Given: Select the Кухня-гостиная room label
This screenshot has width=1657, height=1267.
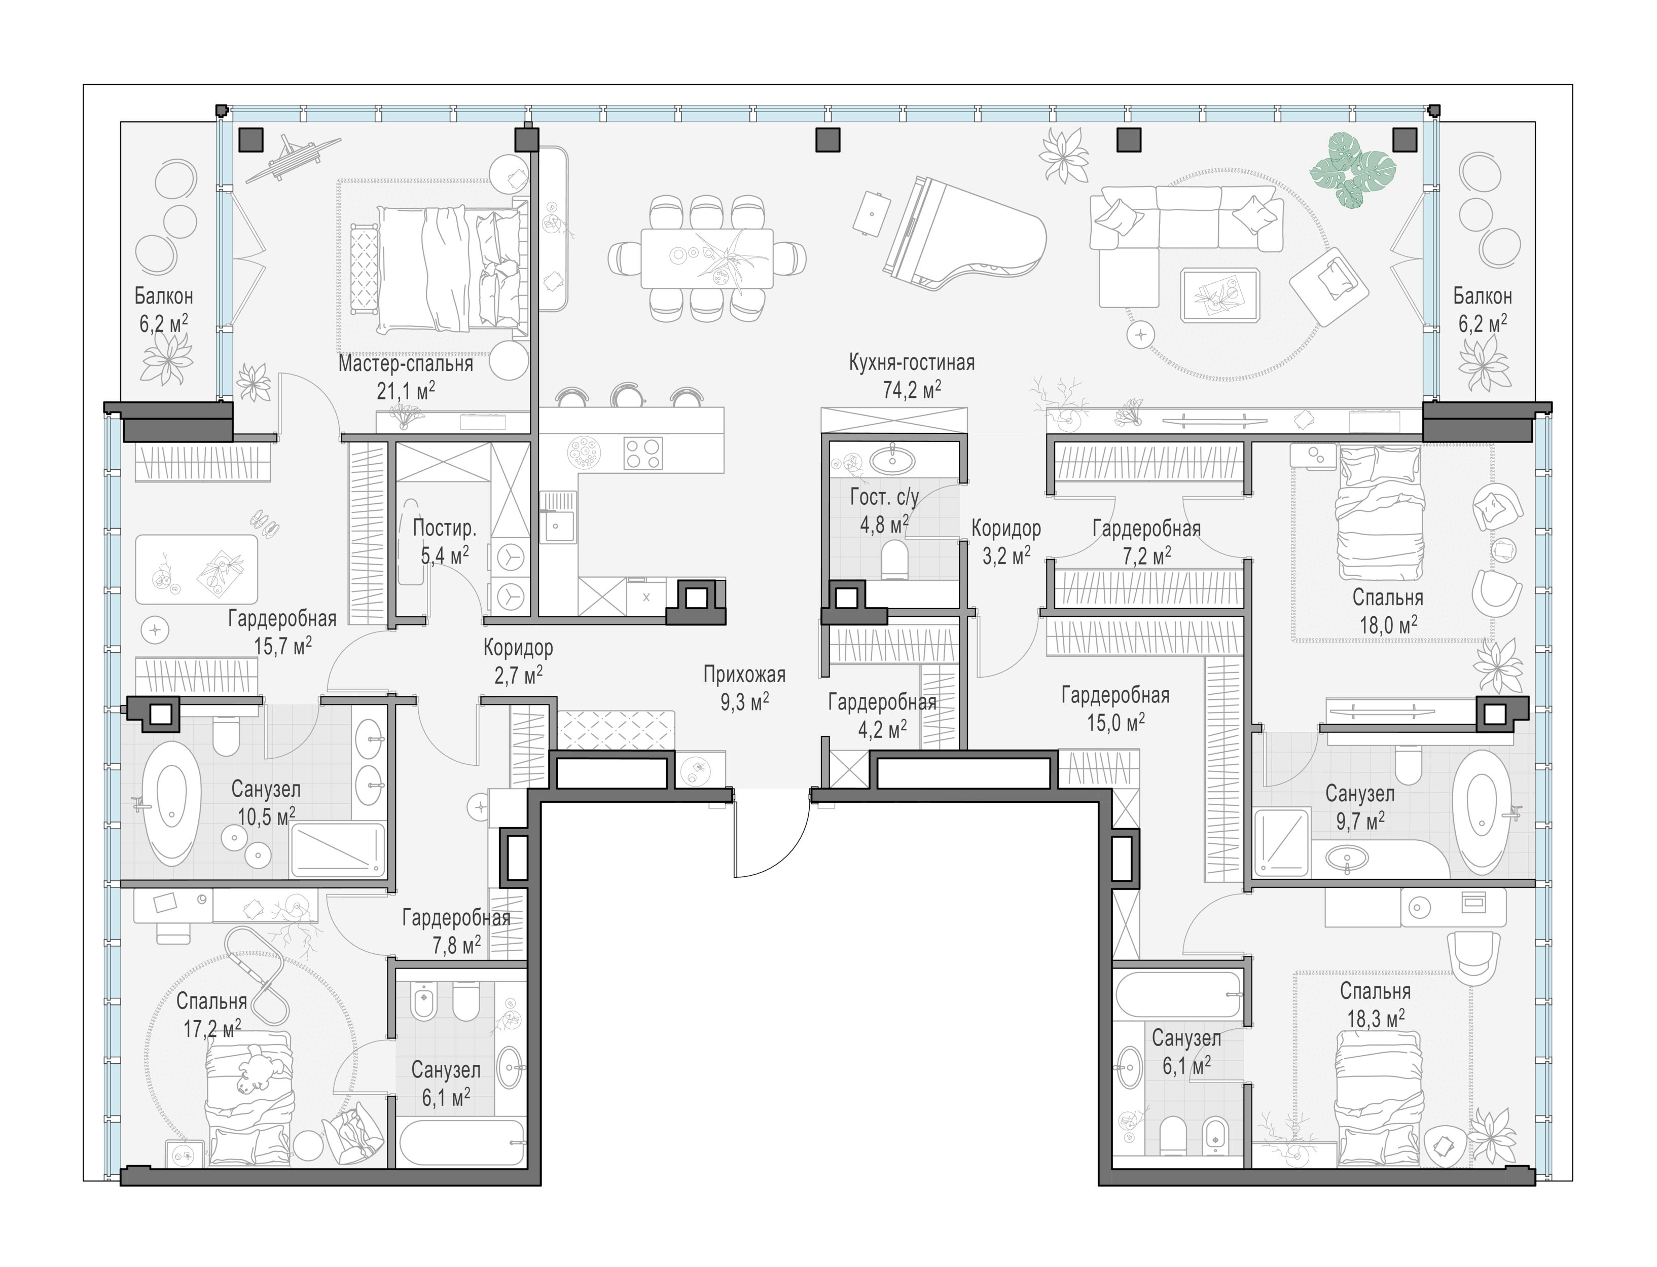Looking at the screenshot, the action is (x=912, y=363).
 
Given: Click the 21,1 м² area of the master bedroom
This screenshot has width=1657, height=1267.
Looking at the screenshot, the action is (x=406, y=390).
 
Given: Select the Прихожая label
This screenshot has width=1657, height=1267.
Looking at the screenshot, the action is (x=744, y=674).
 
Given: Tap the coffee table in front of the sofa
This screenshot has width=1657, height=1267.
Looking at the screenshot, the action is (x=1220, y=295).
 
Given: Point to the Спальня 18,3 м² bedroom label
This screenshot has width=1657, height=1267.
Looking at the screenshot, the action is (x=1376, y=1004).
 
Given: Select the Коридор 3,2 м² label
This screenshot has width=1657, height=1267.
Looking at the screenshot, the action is (x=1006, y=541).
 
